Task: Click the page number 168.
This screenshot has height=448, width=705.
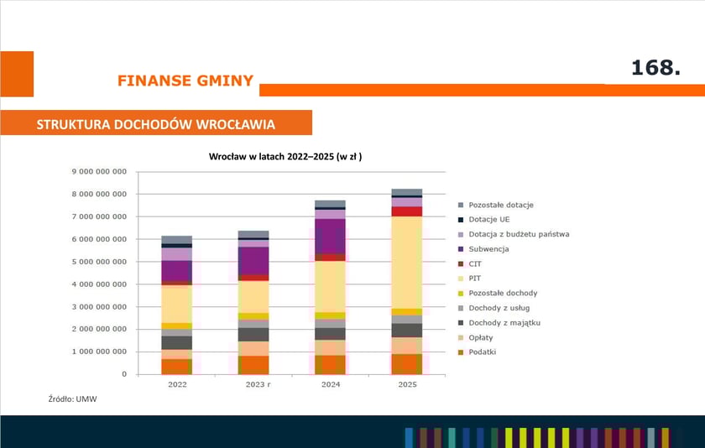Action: click(x=655, y=69)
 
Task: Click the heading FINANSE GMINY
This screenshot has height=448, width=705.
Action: click(x=185, y=81)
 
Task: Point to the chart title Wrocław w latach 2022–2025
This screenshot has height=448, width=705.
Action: click(x=285, y=156)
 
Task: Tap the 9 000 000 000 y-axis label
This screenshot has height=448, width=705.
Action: click(x=98, y=171)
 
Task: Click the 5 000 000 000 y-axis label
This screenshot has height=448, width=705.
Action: click(x=98, y=262)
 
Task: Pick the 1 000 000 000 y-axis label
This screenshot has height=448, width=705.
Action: click(x=98, y=352)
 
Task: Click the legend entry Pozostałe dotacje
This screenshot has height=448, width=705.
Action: click(x=501, y=205)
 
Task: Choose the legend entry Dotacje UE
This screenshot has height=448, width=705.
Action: click(x=489, y=219)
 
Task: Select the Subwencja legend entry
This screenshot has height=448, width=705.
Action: click(x=488, y=249)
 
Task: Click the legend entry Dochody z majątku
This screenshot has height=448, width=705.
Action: click(x=504, y=322)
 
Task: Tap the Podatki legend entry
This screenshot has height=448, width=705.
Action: click(x=483, y=352)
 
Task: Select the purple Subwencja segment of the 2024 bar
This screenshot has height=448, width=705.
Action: click(x=330, y=236)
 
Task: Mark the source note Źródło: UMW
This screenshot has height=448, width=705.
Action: click(x=72, y=399)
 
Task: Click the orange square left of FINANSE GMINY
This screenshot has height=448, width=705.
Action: click(x=17, y=74)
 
